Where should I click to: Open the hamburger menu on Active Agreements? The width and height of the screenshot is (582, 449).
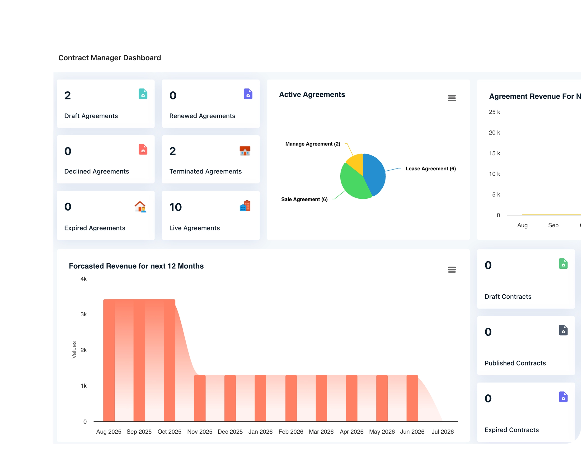pyautogui.click(x=452, y=98)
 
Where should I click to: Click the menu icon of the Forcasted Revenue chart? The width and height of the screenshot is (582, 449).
pyautogui.click(x=452, y=270)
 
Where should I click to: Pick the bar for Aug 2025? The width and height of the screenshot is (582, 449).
pyautogui.click(x=109, y=360)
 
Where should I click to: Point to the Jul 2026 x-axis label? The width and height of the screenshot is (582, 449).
pyautogui.click(x=442, y=432)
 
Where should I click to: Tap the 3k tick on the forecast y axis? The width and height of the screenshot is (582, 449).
pyautogui.click(x=83, y=314)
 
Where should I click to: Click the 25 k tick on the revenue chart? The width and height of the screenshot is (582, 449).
pyautogui.click(x=494, y=112)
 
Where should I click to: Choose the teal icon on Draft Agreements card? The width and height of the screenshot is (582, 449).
pyautogui.click(x=143, y=94)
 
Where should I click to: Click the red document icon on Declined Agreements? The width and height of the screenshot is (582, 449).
pyautogui.click(x=143, y=150)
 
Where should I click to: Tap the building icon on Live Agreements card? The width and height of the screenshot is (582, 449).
pyautogui.click(x=245, y=206)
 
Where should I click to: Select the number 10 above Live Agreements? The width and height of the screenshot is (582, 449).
pyautogui.click(x=175, y=207)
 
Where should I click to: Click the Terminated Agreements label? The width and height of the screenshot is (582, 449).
pyautogui.click(x=206, y=171)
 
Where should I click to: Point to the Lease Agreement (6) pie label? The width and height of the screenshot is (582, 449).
pyautogui.click(x=431, y=169)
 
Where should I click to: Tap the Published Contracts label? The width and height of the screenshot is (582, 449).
pyautogui.click(x=515, y=363)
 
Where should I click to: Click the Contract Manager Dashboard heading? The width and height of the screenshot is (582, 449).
pyautogui.click(x=109, y=58)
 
